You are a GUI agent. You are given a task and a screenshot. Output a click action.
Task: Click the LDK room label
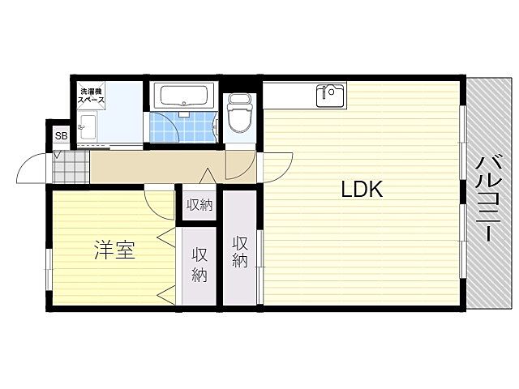coord(362,190)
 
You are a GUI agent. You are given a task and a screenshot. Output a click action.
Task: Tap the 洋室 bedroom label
coord(114,250)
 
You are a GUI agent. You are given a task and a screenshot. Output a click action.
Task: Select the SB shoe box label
coord(62,135)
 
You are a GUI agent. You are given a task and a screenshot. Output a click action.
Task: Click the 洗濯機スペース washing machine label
coord(91,96)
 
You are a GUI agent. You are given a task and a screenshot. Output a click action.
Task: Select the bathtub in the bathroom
coord(184,96)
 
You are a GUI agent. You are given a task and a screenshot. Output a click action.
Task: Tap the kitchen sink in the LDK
coord(330,96)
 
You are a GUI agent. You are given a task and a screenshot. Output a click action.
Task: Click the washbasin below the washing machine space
coord(88,127)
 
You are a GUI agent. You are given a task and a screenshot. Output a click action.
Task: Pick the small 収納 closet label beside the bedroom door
coord(199,205)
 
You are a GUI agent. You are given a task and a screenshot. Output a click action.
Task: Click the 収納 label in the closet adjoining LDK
coord(240,252)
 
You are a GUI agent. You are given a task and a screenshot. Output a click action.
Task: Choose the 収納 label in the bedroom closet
coord(199,265)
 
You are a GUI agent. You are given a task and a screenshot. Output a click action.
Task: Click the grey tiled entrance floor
coord(71,167)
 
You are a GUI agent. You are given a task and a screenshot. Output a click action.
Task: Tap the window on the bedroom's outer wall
coord(49,269)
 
